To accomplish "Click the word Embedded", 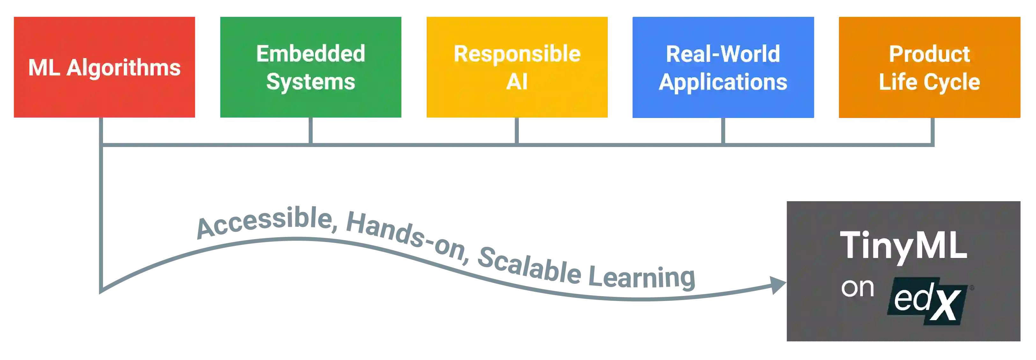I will (311, 54).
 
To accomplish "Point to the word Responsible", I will (517, 54).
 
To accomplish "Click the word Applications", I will (723, 82).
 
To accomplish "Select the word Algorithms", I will (123, 68).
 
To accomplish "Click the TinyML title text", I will (903, 245).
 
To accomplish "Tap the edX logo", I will (927, 301).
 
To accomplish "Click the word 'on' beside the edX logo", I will (857, 288).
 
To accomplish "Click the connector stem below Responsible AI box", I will (517, 131).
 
